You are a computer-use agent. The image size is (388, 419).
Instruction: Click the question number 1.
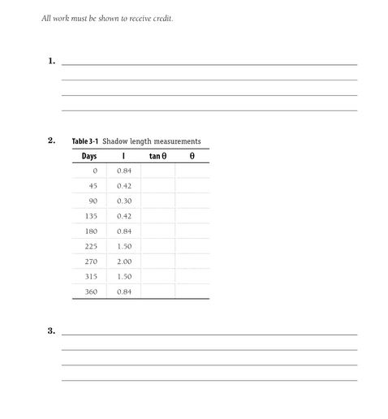tap(50, 60)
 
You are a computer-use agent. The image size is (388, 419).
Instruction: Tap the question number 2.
tap(50, 140)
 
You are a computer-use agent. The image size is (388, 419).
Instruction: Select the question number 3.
tap(50, 330)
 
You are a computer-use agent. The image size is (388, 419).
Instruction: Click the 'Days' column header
tap(88, 156)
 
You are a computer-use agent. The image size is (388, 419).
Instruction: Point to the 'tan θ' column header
tap(157, 156)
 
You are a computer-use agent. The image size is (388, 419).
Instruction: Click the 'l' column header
tap(123, 156)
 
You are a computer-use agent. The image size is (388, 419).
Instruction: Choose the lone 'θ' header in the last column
tap(192, 156)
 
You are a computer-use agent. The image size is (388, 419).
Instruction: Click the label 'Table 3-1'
tap(85, 141)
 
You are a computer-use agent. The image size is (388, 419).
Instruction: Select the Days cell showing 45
tap(93, 185)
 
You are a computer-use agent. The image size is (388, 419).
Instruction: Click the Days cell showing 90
tap(93, 201)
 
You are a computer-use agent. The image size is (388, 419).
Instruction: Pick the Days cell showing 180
tap(91, 231)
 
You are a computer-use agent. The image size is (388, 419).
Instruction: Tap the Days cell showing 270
tap(91, 261)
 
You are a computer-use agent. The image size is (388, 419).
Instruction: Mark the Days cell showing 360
tap(91, 291)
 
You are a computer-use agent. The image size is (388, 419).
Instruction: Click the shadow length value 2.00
tap(124, 261)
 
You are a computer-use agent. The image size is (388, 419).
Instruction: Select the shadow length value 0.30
tap(124, 201)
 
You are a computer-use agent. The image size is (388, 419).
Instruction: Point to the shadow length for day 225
tap(124, 246)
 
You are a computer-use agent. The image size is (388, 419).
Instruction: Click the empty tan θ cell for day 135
tap(157, 216)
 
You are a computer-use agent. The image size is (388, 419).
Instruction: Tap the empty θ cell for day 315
tap(192, 276)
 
